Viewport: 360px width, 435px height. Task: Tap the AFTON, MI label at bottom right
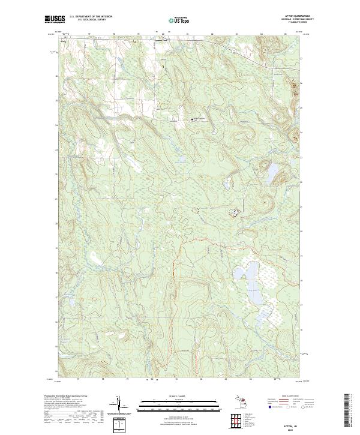coord(292,425)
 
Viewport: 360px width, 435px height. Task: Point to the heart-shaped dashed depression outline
coord(234,211)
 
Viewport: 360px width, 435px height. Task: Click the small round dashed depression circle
coord(193,210)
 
